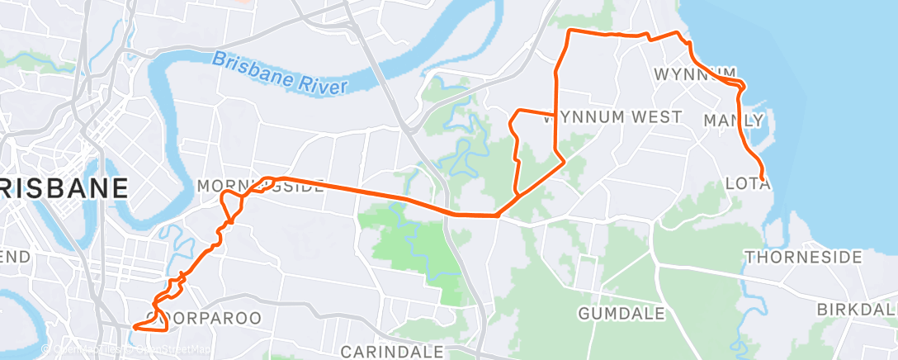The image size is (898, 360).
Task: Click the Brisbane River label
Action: [x=281, y=73]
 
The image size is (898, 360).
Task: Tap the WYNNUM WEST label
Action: [x=612, y=117]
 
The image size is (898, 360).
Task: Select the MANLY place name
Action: [x=734, y=121]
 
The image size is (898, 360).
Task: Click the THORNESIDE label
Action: [x=803, y=258]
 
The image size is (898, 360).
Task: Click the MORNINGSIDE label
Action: [x=259, y=187]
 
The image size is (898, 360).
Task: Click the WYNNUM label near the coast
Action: [x=695, y=74]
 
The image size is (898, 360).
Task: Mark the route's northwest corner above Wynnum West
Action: [x=570, y=32]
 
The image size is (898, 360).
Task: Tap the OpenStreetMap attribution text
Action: [x=173, y=350]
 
